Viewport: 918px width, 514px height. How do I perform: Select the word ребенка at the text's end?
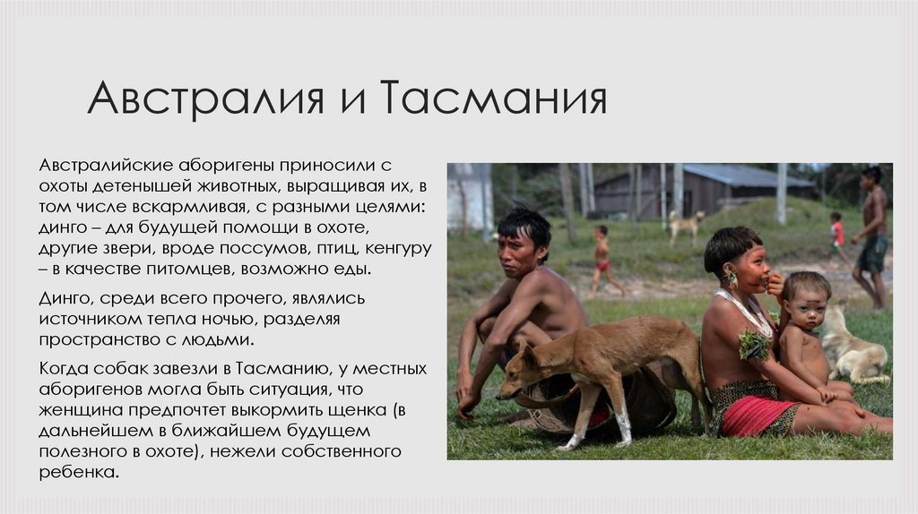tap(79, 472)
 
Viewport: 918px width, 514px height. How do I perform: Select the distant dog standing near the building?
tap(686, 224)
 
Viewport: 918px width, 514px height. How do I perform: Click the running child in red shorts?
tap(602, 260)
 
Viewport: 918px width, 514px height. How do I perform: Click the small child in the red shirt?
tap(836, 235)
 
